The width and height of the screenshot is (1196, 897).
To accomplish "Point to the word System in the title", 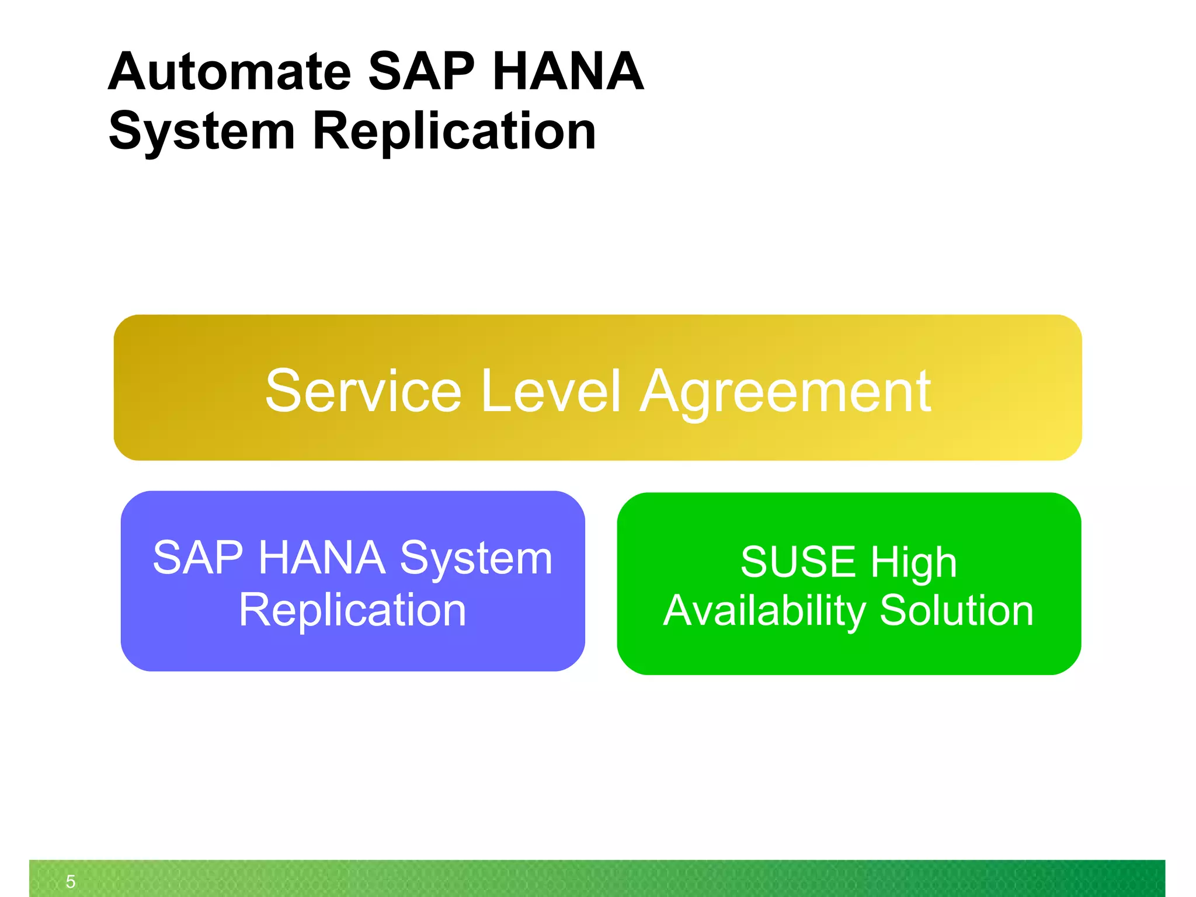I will point(201,132).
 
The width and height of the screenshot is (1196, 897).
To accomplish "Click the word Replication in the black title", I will point(454,132).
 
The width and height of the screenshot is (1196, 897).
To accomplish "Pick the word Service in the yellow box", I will point(363,391).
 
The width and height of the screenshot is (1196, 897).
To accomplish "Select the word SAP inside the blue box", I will point(197,558).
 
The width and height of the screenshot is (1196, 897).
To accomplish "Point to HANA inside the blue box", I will point(322,558).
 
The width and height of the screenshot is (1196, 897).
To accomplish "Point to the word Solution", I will point(957,611).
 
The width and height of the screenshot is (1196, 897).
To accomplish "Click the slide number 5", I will point(71,881).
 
